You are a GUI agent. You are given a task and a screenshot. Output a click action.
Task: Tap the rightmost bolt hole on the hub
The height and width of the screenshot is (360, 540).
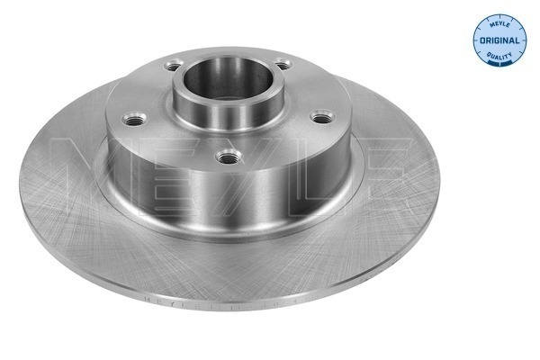[319, 116]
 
